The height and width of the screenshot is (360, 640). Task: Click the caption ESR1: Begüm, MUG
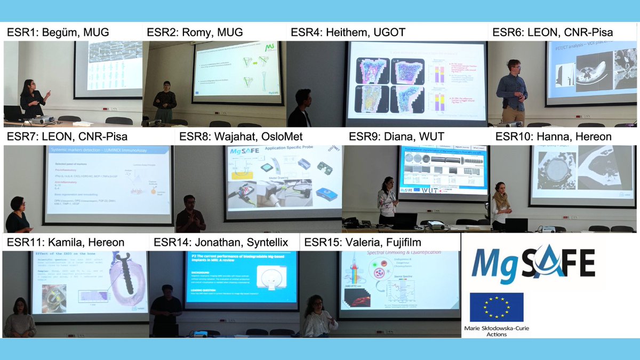(58, 33)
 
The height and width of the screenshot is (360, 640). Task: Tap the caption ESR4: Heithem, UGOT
(348, 33)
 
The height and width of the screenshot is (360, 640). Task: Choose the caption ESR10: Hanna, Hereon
(553, 137)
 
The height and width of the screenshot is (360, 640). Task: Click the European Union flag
(497, 306)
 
